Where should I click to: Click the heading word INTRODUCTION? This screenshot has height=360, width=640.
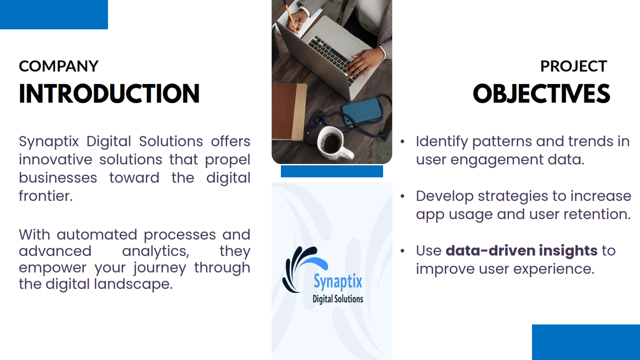click(x=109, y=93)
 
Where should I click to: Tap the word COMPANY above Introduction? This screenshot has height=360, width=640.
click(x=59, y=66)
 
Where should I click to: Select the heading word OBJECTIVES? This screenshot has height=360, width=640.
click(x=541, y=93)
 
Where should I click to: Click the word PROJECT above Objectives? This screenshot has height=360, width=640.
click(x=573, y=66)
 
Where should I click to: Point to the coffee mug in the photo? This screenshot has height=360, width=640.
click(x=333, y=143)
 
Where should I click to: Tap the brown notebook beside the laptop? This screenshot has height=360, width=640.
click(x=288, y=112)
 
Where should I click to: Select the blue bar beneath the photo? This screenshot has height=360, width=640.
click(x=332, y=171)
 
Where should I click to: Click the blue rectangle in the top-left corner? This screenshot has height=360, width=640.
click(x=54, y=15)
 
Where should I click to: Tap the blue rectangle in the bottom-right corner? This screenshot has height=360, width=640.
click(x=586, y=342)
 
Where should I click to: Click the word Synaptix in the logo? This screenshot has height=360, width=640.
click(x=338, y=281)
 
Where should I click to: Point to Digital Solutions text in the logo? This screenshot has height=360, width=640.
click(x=338, y=299)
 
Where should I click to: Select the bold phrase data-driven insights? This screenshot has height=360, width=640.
click(x=521, y=251)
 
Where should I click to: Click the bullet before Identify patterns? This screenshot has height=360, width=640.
click(x=403, y=142)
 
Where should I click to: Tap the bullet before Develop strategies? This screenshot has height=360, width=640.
click(x=403, y=196)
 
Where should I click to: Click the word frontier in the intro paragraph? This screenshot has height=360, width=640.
click(x=46, y=196)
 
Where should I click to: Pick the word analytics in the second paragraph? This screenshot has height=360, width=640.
click(x=156, y=252)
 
